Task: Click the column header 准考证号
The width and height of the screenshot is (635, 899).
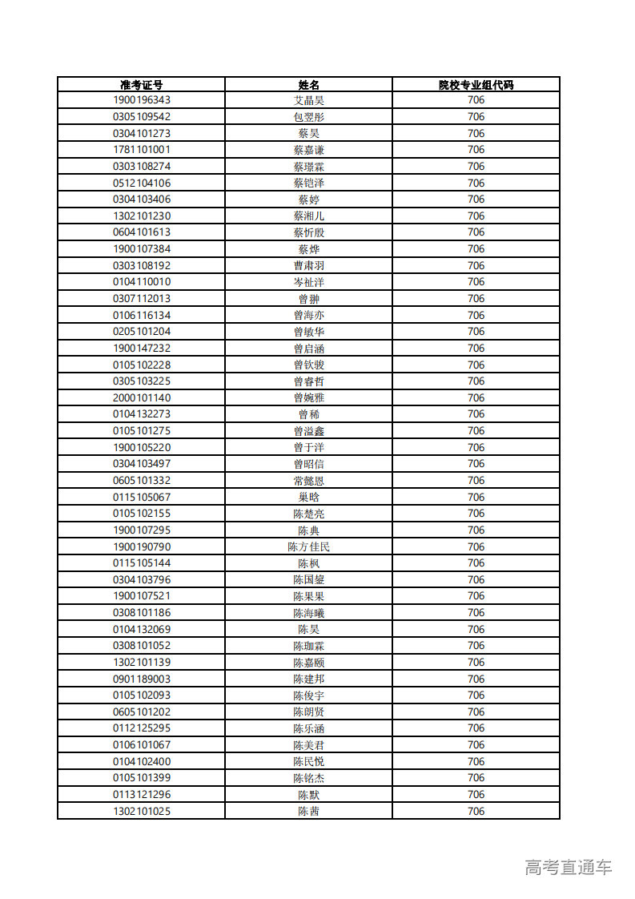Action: click(x=142, y=84)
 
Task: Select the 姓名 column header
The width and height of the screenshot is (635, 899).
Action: click(x=308, y=84)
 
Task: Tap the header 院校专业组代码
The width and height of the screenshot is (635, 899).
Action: click(x=476, y=84)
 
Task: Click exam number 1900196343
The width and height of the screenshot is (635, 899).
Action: click(x=142, y=100)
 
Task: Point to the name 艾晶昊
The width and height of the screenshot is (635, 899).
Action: click(x=308, y=100)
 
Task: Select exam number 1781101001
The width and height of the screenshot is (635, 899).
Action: click(x=142, y=150)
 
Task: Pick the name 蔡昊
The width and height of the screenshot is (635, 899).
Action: click(x=308, y=133)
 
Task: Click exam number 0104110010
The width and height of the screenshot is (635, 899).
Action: click(x=142, y=282)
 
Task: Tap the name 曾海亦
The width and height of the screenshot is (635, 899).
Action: click(x=308, y=315)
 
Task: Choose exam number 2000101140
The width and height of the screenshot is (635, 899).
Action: click(x=142, y=397)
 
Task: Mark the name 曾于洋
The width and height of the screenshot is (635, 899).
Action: click(x=308, y=447)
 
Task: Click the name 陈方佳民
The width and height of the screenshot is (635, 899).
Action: click(x=308, y=546)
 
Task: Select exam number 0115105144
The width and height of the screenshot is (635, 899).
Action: click(x=142, y=562)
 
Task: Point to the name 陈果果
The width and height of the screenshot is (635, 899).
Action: click(x=308, y=596)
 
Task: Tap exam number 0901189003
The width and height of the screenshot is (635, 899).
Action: click(x=142, y=679)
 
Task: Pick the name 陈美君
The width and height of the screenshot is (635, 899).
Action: click(x=308, y=744)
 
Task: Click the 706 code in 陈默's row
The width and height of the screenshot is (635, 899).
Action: click(x=476, y=794)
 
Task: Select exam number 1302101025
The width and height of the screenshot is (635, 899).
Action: click(x=142, y=811)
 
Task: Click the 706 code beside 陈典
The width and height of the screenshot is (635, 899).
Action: click(x=476, y=530)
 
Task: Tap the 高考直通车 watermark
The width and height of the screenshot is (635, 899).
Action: click(x=569, y=867)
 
